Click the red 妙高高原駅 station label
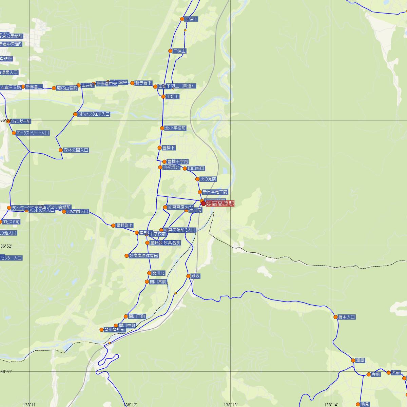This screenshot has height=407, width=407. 220,203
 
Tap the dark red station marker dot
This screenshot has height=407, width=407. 203,203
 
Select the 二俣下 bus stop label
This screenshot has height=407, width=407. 191,19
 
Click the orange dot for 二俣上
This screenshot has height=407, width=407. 170,51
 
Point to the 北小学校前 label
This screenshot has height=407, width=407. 175,128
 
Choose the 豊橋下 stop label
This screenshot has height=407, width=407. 169,148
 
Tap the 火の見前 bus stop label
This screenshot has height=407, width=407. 208,179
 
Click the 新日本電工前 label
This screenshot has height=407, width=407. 215,192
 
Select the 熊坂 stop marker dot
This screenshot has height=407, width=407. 189,276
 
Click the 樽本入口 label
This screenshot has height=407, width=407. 346,317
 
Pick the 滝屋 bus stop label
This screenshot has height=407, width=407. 360,361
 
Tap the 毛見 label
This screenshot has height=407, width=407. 365,404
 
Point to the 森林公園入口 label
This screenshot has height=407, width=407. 76,150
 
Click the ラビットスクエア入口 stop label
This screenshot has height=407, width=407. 94,114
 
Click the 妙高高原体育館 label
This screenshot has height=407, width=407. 144,256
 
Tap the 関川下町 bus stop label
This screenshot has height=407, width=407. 137,316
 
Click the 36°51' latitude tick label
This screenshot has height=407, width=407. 6,372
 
